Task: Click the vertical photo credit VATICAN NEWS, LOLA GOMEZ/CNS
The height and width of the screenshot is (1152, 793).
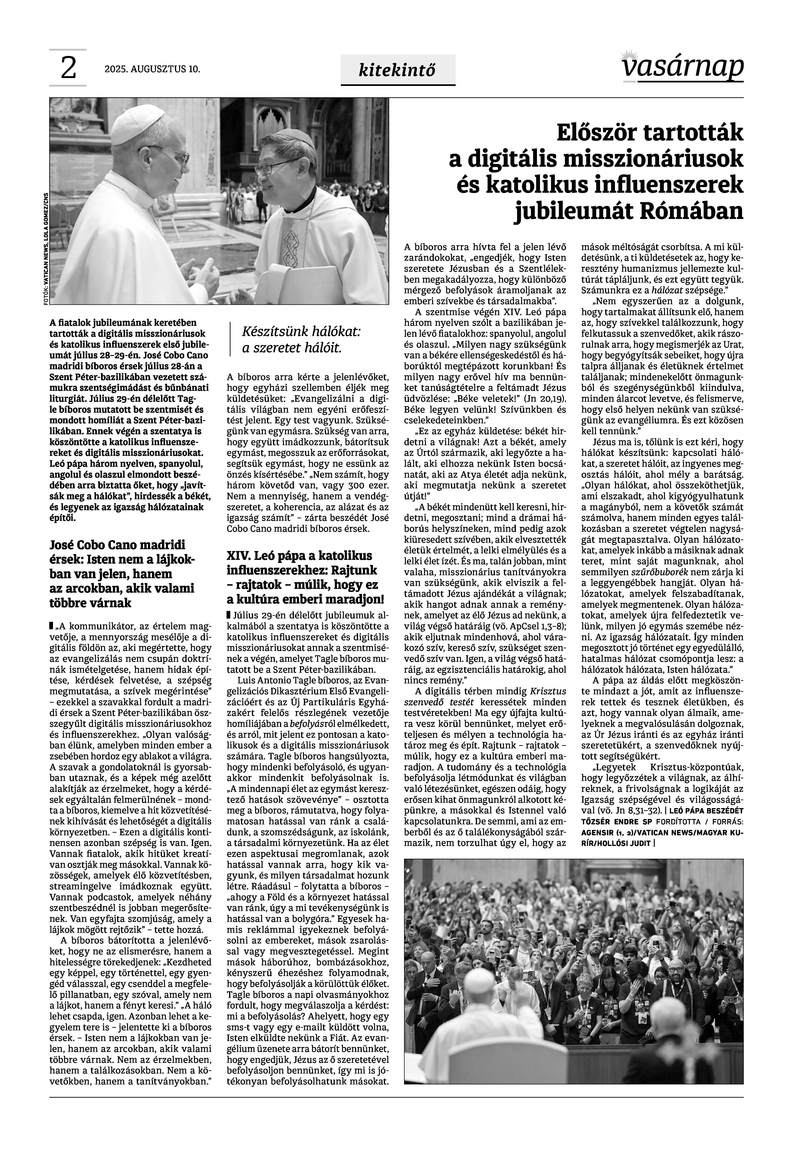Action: [x=45, y=248]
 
